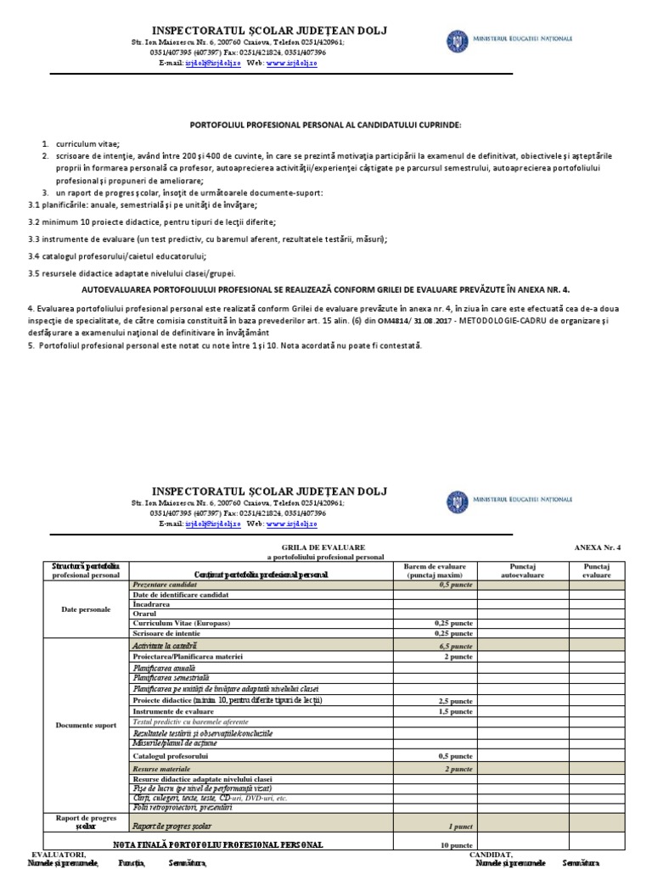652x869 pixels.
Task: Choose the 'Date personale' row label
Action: pyautogui.click(x=86, y=609)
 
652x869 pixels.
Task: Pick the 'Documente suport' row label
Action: pyautogui.click(x=86, y=726)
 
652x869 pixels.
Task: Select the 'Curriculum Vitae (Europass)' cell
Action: pyautogui.click(x=182, y=623)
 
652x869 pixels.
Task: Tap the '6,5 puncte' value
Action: pyautogui.click(x=457, y=646)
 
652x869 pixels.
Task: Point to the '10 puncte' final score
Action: pyautogui.click(x=456, y=845)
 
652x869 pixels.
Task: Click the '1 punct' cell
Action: pyautogui.click(x=460, y=825)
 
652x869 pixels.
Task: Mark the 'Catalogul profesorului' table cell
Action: pyautogui.click(x=171, y=755)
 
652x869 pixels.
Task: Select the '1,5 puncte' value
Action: pyautogui.click(x=455, y=711)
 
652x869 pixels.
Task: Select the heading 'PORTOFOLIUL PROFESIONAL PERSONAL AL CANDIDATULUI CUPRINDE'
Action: pyautogui.click(x=325, y=125)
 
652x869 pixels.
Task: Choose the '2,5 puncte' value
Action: pyautogui.click(x=455, y=701)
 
